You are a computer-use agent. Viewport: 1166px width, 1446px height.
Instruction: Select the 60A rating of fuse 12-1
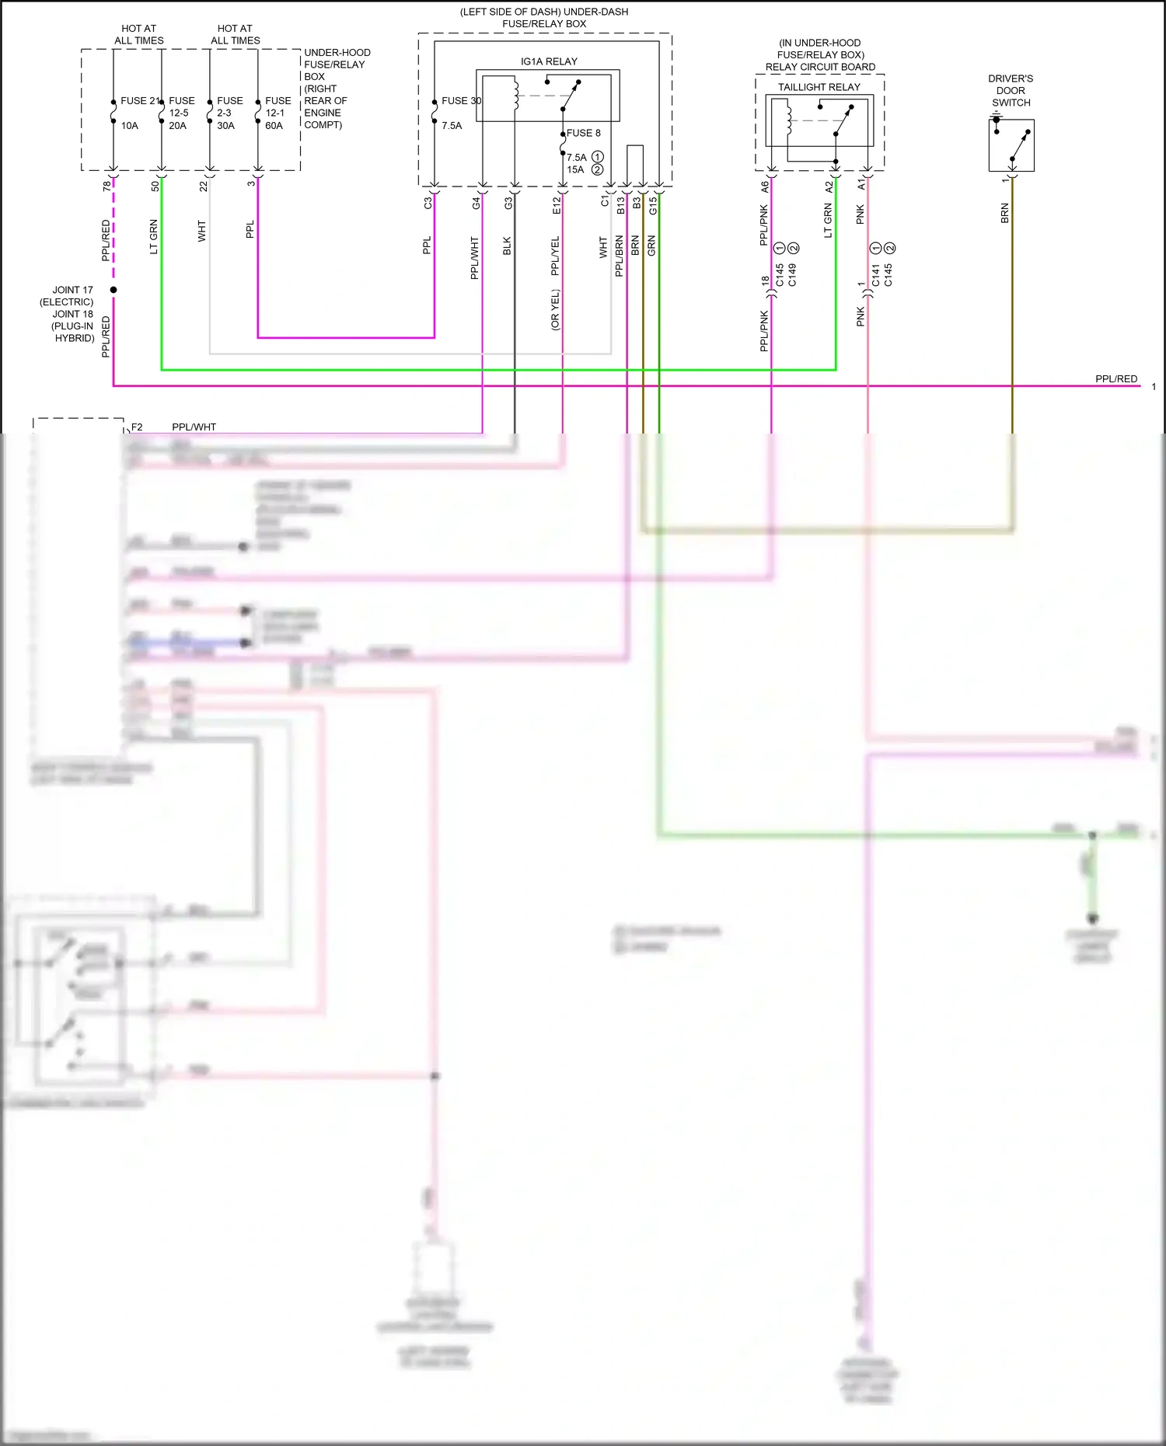pos(274,126)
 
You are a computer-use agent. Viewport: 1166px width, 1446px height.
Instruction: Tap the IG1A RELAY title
pos(549,61)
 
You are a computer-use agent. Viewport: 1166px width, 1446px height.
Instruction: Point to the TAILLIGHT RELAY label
pos(819,87)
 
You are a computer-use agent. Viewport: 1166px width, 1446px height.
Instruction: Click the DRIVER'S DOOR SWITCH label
pos(1011,90)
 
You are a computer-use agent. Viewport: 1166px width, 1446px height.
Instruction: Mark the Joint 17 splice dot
pos(113,290)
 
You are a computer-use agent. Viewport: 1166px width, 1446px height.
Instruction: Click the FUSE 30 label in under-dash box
pos(461,101)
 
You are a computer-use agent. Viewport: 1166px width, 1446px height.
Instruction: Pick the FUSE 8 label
pos(583,133)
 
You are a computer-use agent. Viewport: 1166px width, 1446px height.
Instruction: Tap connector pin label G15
pos(653,205)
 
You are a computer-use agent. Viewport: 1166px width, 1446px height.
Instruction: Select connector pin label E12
pos(557,205)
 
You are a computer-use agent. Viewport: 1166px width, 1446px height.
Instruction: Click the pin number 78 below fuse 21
pos(106,186)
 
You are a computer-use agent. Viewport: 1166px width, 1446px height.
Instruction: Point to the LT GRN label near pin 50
pos(154,237)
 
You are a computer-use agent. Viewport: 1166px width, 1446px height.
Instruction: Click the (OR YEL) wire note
pos(555,310)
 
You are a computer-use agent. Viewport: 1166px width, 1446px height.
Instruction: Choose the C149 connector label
pos(792,275)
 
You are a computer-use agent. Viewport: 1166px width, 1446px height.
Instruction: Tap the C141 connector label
pos(875,275)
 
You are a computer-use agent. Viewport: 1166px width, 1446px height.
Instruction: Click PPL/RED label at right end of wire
pos(1115,379)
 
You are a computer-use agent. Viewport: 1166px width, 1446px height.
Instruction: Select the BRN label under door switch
pos(1004,214)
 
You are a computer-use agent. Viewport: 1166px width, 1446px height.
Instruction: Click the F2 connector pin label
pos(137,427)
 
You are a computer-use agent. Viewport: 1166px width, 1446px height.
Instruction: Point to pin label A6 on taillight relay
pos(765,186)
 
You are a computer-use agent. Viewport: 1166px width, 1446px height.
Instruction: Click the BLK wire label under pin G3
pos(507,246)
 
